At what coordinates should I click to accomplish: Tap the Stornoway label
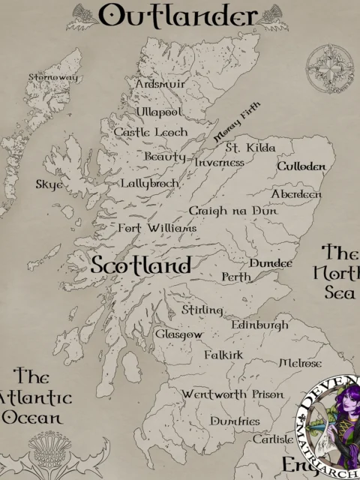pyautogui.click(x=52, y=76)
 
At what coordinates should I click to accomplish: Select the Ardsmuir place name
pyautogui.click(x=160, y=85)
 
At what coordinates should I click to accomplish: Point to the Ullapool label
pyautogui.click(x=159, y=112)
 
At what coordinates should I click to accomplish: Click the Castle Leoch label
pyautogui.click(x=151, y=132)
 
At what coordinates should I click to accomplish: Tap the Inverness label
pyautogui.click(x=220, y=162)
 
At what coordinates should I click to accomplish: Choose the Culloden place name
pyautogui.click(x=301, y=166)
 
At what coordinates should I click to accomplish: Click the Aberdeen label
pyautogui.click(x=296, y=194)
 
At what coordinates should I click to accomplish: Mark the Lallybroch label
pyautogui.click(x=150, y=183)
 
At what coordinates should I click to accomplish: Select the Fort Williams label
pyautogui.click(x=157, y=227)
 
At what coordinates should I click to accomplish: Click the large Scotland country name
pyautogui.click(x=140, y=265)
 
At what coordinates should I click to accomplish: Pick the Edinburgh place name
pyautogui.click(x=259, y=325)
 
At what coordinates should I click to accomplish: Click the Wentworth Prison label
pyautogui.click(x=232, y=394)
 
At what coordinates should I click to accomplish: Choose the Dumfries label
pyautogui.click(x=235, y=421)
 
